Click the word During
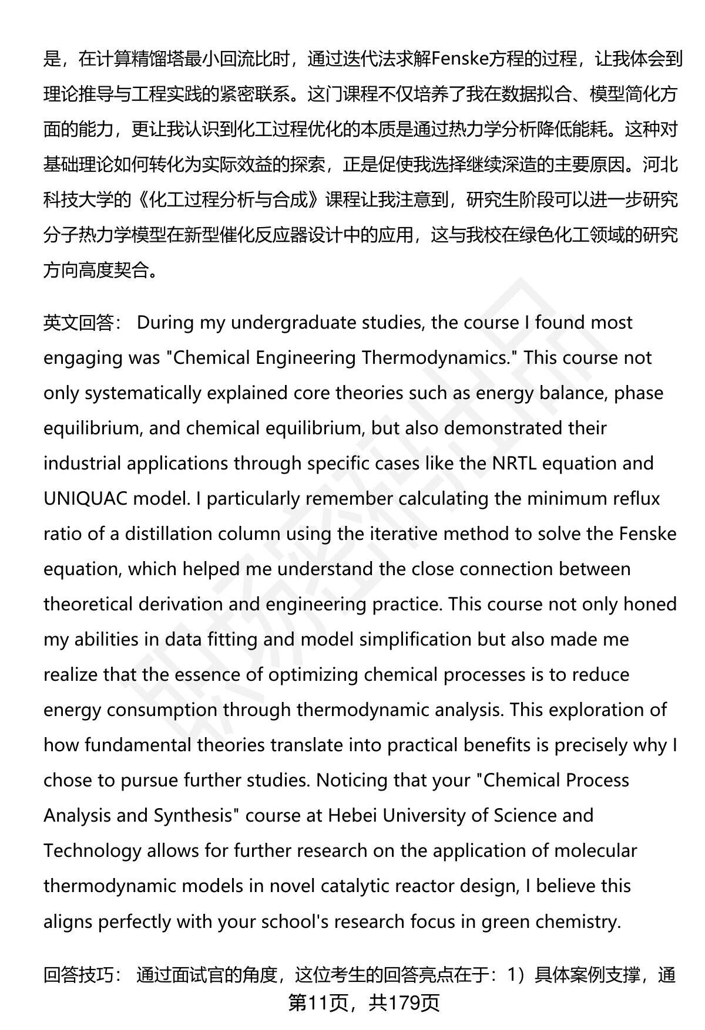coord(166,323)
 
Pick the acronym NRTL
coord(514,464)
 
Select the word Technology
coord(92,851)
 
